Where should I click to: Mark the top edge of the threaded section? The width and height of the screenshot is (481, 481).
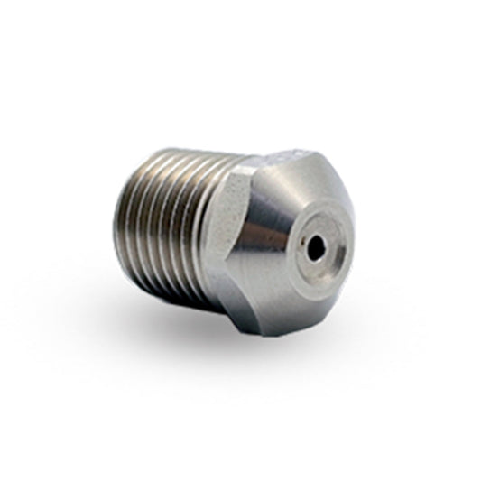190,155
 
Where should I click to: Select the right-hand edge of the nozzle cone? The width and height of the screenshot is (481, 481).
361,244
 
